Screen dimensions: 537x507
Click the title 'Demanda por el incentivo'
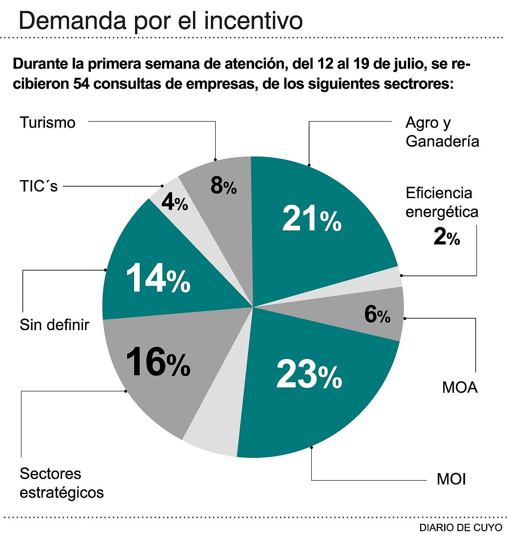coord(161,20)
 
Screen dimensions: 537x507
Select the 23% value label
coord(309,375)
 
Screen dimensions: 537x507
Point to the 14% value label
coord(158,279)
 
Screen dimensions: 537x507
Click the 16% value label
coord(158,362)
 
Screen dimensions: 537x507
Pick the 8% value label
coord(224,186)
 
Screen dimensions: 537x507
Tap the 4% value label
coord(175,202)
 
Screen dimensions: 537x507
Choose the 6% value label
coord(377,314)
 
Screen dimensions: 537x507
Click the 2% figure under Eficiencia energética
coord(447,237)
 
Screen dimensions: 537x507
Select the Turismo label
coord(48,122)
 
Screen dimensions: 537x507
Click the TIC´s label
coord(39,186)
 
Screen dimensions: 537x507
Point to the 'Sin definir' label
coord(55,325)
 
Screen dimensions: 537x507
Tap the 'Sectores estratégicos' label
coord(62,483)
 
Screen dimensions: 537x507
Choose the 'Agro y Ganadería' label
coord(442,132)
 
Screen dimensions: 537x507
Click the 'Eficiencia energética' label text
coord(442,202)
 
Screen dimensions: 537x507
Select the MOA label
coord(460,387)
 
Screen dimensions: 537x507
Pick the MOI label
coord(452,479)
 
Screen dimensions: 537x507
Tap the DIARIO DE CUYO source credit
coord(461,527)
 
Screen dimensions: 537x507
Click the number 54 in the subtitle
coord(82,83)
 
